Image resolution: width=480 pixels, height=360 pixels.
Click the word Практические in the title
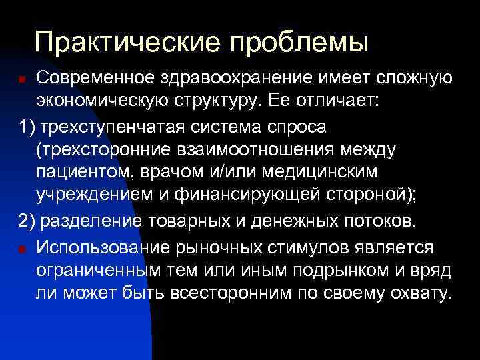[127, 43]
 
